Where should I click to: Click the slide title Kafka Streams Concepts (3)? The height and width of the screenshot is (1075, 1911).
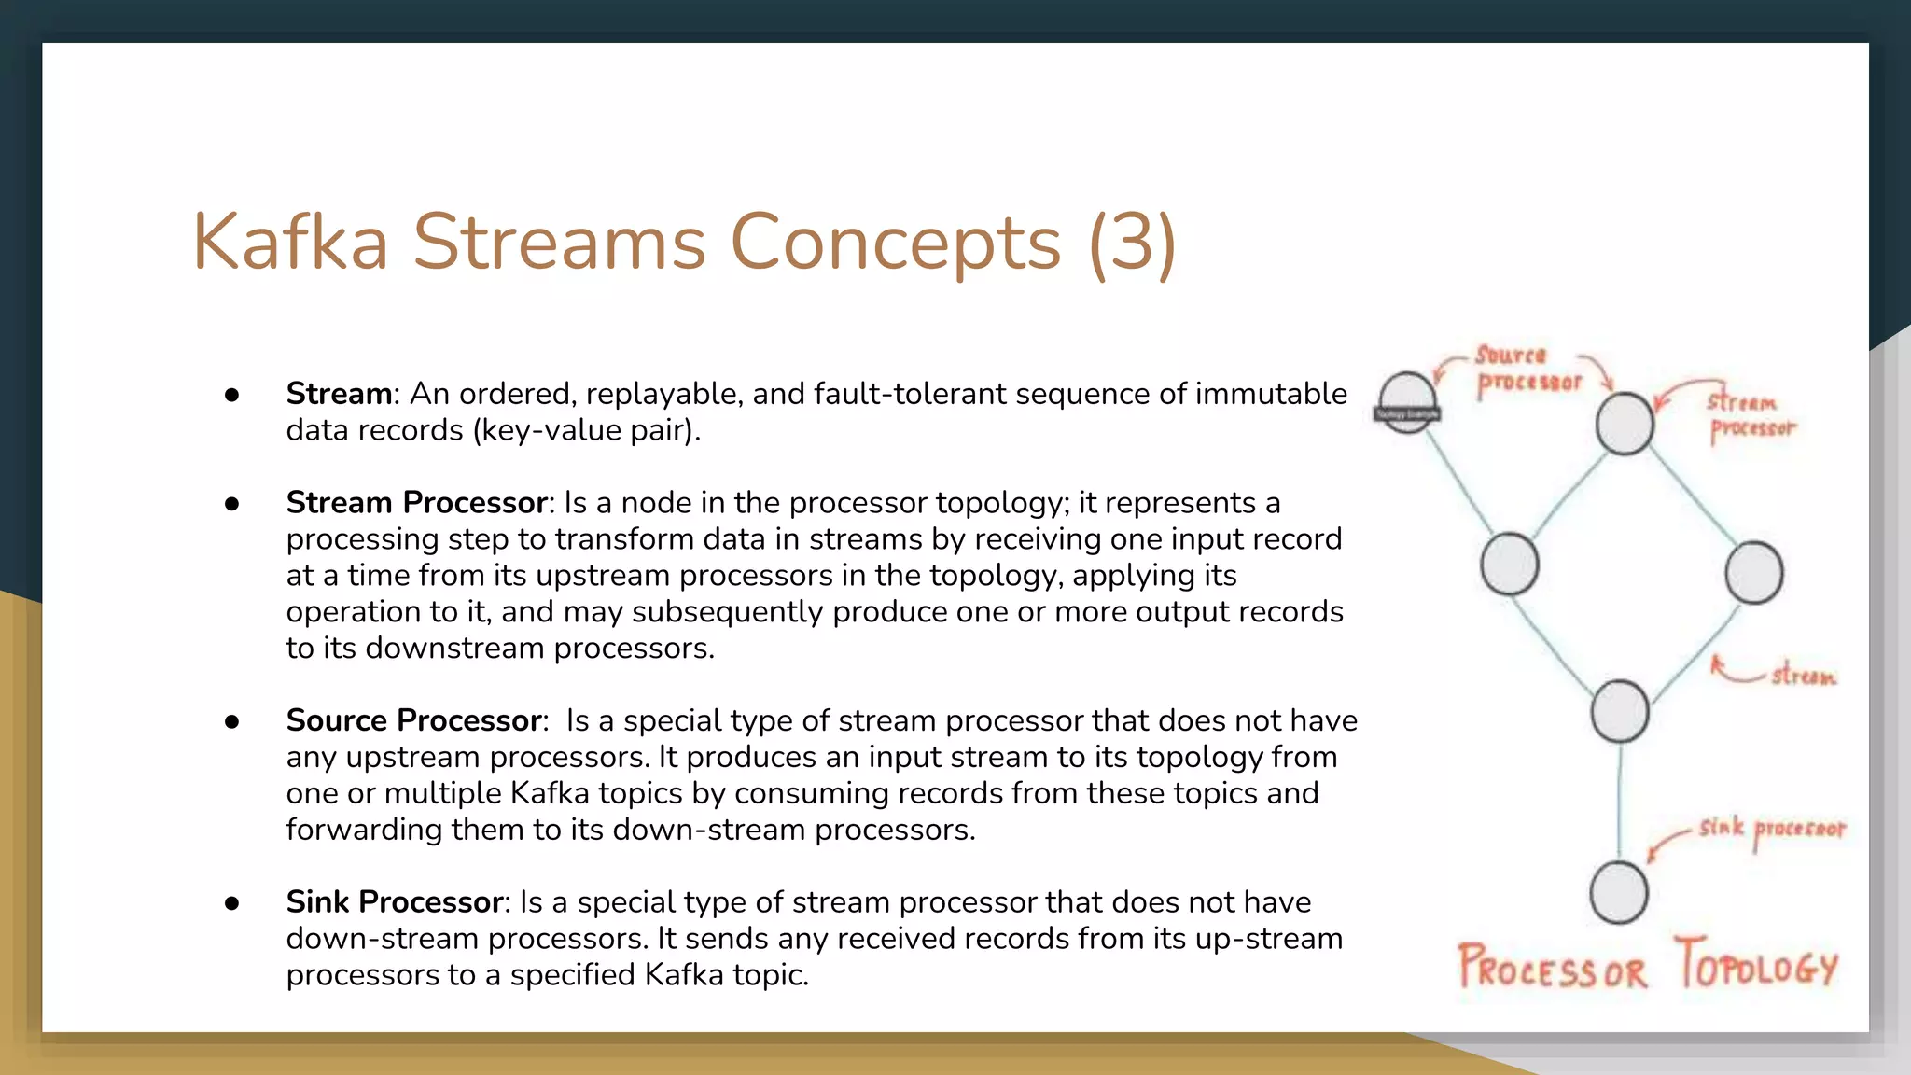(683, 243)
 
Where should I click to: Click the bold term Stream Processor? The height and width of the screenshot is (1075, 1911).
(416, 503)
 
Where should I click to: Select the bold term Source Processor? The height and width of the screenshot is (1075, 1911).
(413, 720)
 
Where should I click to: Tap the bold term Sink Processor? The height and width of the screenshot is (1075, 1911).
(395, 902)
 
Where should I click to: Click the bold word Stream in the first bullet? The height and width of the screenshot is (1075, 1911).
(339, 394)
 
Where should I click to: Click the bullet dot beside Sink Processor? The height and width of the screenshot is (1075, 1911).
(232, 903)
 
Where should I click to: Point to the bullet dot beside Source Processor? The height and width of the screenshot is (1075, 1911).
(232, 721)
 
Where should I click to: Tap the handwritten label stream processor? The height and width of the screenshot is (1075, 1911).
(1750, 415)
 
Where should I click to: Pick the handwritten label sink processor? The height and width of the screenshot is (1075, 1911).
(1770, 829)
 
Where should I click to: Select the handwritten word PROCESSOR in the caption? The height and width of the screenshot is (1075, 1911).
(1553, 969)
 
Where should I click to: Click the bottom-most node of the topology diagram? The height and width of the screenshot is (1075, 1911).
(1618, 893)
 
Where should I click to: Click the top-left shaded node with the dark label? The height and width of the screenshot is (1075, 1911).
(1407, 403)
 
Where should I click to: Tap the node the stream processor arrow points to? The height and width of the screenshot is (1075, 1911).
(1624, 424)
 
